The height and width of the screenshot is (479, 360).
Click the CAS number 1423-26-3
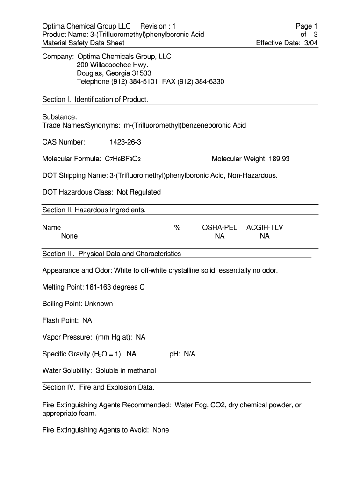(x=125, y=142)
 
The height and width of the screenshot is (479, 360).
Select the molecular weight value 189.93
(x=279, y=159)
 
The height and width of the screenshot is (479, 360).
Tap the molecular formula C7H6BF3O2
(x=123, y=159)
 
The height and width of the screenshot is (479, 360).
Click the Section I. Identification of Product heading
(x=95, y=99)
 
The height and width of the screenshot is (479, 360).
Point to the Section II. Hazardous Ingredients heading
(x=94, y=210)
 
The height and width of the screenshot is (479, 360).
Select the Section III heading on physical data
(x=112, y=254)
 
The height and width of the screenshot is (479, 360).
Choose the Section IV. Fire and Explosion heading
(x=98, y=387)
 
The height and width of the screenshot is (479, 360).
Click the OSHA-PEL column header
(x=219, y=228)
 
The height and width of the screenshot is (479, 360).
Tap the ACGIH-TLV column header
(x=265, y=228)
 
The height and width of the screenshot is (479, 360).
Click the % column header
(x=177, y=228)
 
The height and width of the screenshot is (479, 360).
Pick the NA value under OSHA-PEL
(x=220, y=236)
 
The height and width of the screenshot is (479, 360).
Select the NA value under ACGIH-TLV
(x=265, y=236)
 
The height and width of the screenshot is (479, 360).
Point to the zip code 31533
(x=141, y=73)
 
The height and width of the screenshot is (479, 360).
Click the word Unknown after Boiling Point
(x=99, y=304)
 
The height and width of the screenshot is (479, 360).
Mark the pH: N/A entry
(x=182, y=354)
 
